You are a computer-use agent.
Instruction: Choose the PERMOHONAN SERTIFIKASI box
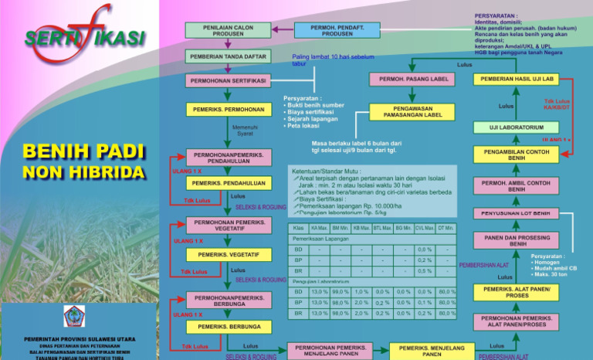click(x=228, y=81)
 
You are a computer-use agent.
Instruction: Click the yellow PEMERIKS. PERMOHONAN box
click(x=228, y=110)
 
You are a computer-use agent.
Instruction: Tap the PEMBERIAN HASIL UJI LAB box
click(x=517, y=79)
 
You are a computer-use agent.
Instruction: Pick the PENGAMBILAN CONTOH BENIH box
click(x=517, y=153)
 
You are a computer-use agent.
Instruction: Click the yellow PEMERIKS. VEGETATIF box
click(x=229, y=254)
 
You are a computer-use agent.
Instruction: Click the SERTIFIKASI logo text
click(x=84, y=36)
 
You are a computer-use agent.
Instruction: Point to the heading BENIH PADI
click(x=84, y=151)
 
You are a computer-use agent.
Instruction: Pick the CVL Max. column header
click(x=424, y=229)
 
